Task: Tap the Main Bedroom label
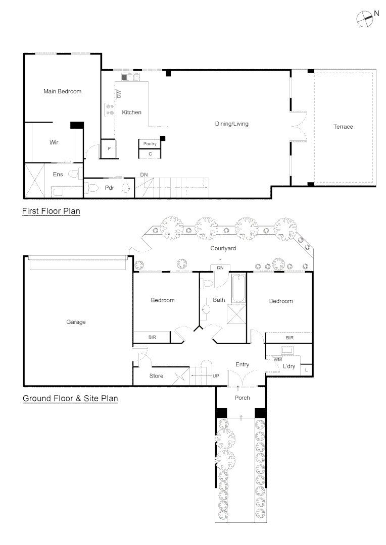pos(62,91)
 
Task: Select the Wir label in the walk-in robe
pos(54,143)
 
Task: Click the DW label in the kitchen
pos(119,94)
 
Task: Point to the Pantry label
pos(150,144)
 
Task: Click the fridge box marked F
pos(110,149)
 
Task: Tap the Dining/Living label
pos(231,124)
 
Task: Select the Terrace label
pos(343,127)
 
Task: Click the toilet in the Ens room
pos(74,174)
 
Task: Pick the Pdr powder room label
pos(110,188)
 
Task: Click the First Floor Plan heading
pos(51,211)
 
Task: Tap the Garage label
pos(76,322)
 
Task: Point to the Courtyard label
pos(223,248)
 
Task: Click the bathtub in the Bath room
pos(237,289)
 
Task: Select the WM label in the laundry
pos(277,359)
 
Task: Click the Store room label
pos(156,376)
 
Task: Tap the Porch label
pos(242,398)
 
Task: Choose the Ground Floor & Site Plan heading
pos(70,399)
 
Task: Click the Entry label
pos(243,364)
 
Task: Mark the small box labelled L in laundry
pos(306,370)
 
